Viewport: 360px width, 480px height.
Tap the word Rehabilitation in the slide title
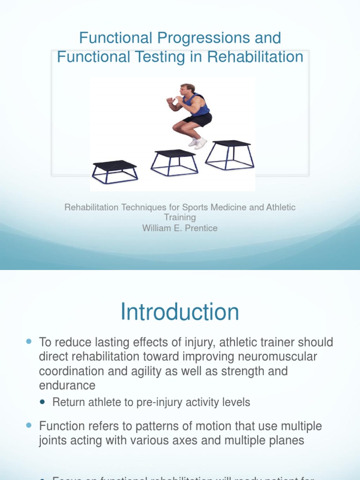tap(255, 57)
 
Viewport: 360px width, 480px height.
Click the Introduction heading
tap(180, 312)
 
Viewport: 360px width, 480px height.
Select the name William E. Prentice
tap(180, 228)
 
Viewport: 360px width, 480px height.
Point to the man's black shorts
tap(199, 120)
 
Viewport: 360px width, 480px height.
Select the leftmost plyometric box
tap(115, 172)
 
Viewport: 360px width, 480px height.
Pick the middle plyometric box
tap(174, 162)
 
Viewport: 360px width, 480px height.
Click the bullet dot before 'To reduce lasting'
tap(29, 342)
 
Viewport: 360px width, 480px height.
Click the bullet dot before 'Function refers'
tap(29, 426)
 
